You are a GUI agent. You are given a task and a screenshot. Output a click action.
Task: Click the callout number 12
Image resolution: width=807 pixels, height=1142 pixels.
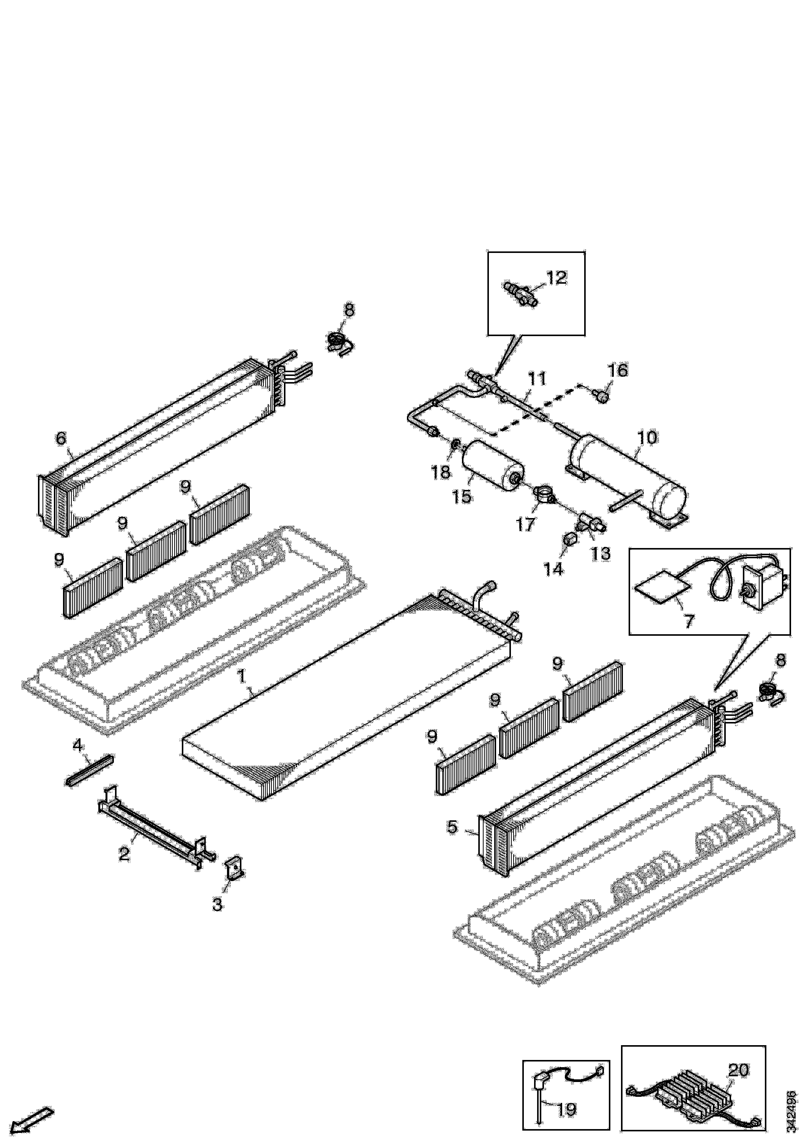click(x=556, y=278)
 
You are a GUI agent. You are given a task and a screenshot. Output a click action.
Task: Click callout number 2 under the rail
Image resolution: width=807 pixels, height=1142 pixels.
click(x=124, y=854)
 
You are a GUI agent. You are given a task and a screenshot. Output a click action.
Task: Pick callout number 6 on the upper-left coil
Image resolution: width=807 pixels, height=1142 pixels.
click(x=60, y=438)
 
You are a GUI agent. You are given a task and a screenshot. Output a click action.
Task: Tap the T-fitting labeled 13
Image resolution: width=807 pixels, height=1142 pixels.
click(x=589, y=524)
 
